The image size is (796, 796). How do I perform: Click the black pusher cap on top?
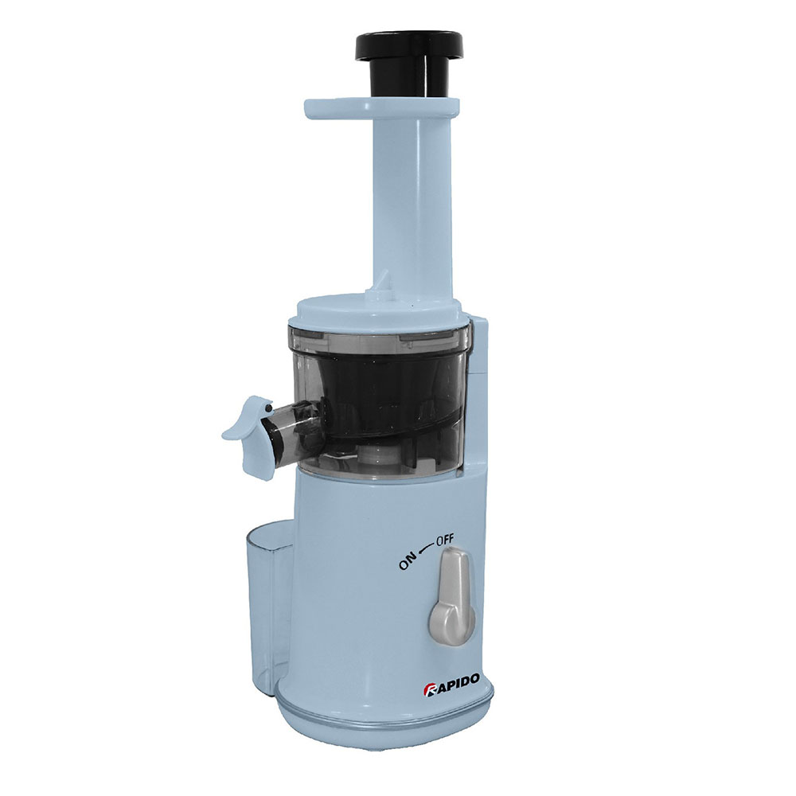tap(412, 44)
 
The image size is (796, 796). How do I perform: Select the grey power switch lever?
tap(452, 595)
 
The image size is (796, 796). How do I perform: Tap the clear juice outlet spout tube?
tap(295, 424)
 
